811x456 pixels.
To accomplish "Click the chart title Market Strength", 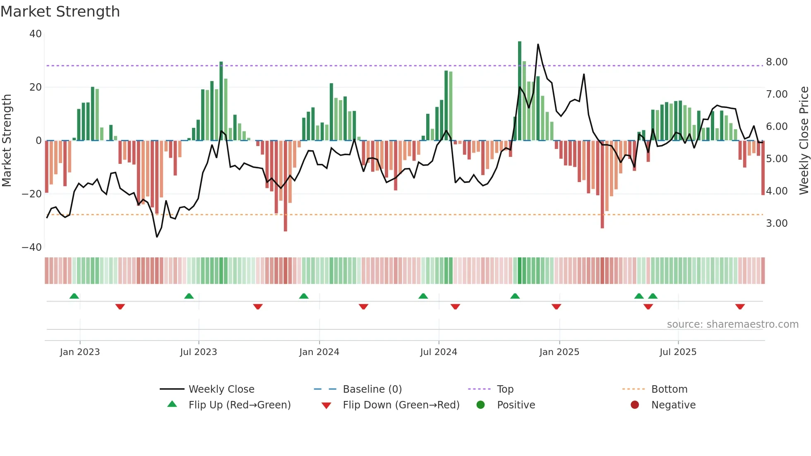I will point(60,12).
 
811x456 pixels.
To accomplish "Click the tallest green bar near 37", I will point(520,91).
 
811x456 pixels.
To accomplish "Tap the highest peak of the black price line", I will point(538,44).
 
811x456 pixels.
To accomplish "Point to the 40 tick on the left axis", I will point(36,34).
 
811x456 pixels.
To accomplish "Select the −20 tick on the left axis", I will point(32,194).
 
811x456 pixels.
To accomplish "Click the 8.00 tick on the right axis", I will point(777,62).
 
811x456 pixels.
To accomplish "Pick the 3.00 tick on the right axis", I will point(777,223).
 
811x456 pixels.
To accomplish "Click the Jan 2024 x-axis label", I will point(319,352).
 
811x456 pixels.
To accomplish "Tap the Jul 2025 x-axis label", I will point(678,352).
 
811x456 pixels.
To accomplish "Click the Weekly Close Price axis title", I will point(804,140).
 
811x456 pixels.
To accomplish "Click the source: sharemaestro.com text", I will point(732,324).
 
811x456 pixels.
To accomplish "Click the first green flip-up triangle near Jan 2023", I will point(74,296).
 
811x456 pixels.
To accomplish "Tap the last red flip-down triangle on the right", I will point(740,307).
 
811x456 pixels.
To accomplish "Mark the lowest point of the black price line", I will point(157,237).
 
